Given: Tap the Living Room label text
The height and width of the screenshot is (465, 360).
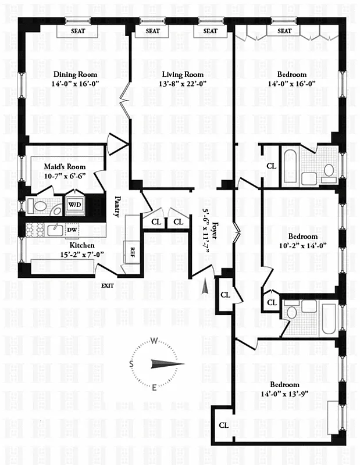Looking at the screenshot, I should pos(183,74).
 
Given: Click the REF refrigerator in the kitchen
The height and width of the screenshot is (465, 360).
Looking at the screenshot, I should pos(133,252).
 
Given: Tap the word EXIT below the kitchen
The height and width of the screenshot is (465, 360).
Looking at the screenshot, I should pos(108,285).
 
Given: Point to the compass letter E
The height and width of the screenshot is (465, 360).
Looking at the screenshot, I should pos(154,388).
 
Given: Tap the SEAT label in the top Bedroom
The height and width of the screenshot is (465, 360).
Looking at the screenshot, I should pos(284,31).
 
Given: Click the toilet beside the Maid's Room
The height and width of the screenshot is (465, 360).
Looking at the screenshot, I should pos(40,206).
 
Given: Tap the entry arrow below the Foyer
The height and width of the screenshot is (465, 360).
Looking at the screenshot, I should pos(204,287).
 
